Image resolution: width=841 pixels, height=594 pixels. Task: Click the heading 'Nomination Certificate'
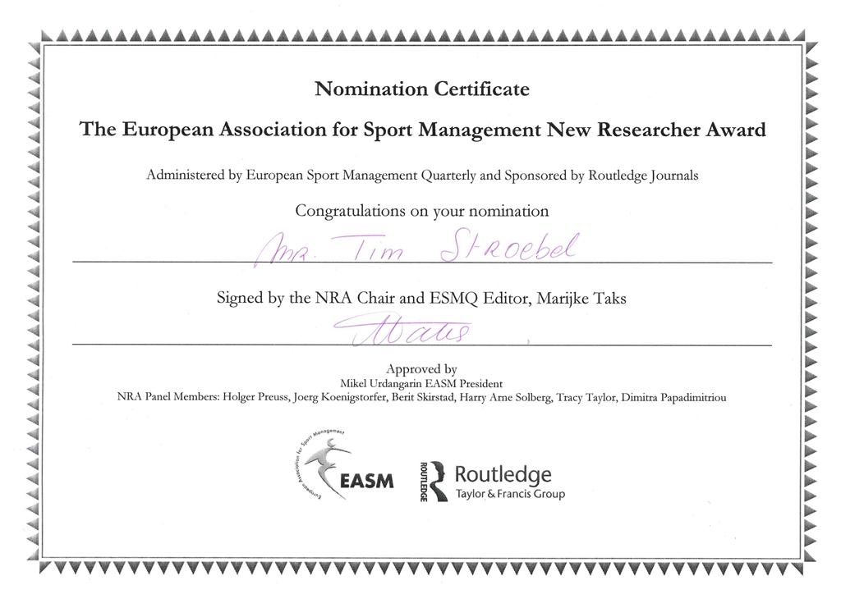pyautogui.click(x=422, y=89)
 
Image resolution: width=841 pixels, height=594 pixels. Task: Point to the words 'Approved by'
pyautogui.click(x=421, y=369)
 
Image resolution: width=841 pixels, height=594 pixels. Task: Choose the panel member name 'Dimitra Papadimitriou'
pyautogui.click(x=673, y=398)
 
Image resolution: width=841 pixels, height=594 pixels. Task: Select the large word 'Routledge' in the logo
pyautogui.click(x=503, y=474)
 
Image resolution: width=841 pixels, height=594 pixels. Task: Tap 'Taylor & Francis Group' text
pyautogui.click(x=510, y=494)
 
